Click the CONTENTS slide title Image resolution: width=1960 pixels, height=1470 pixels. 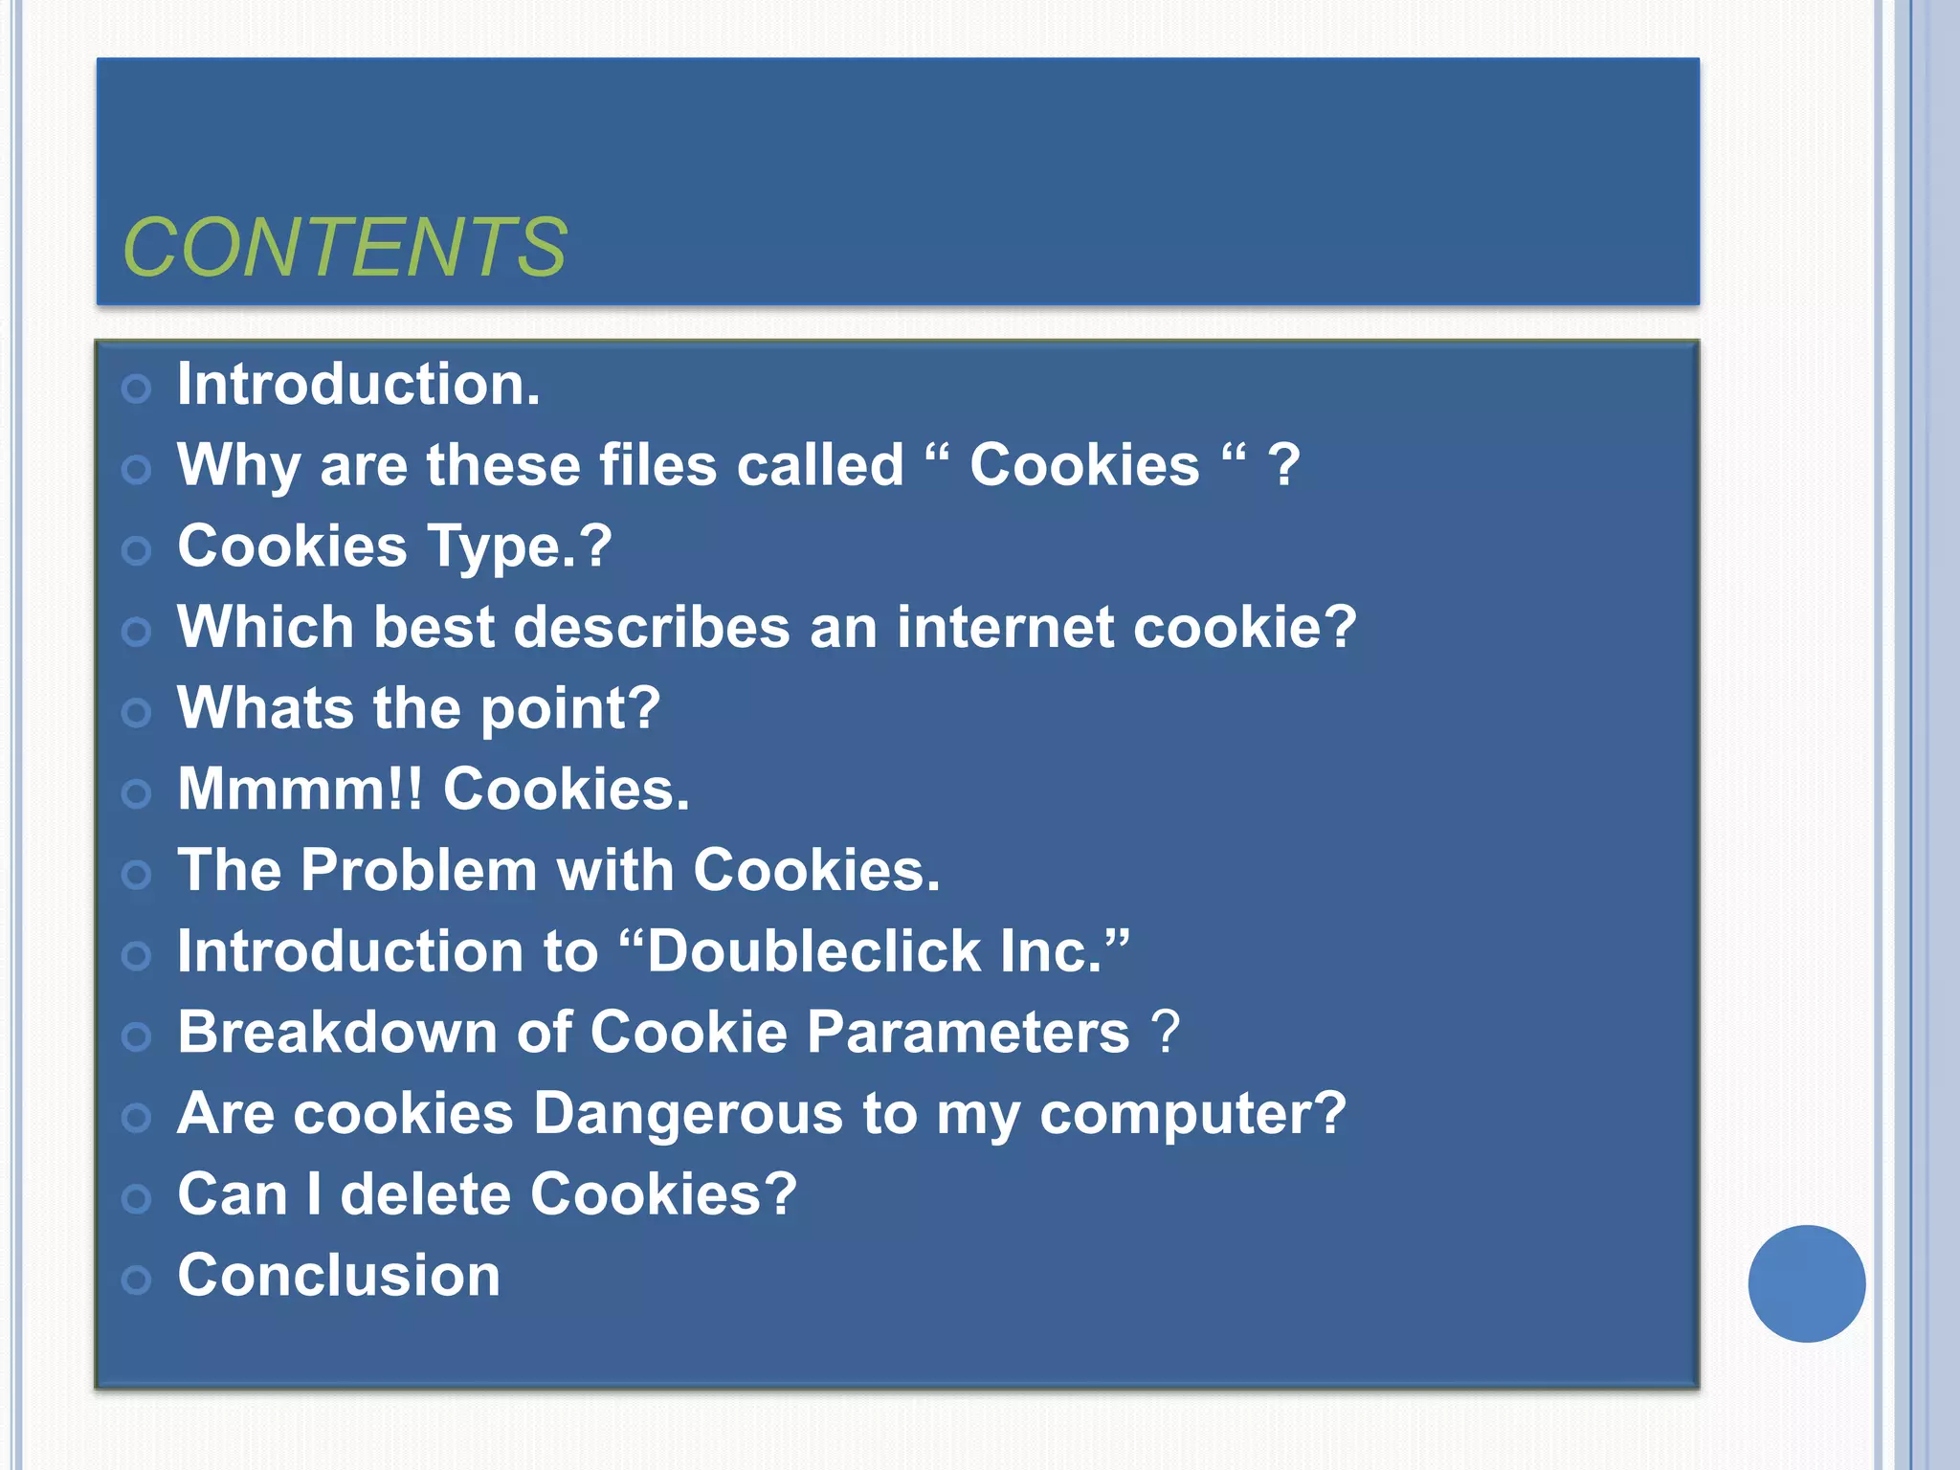pos(345,248)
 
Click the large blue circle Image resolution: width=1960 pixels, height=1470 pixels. pos(1806,1283)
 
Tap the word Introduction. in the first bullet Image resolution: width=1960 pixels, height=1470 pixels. pos(359,384)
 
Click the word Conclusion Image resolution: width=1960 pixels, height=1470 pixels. pos(339,1276)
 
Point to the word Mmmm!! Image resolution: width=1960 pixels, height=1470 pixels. pos(300,790)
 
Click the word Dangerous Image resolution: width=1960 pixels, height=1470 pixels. pos(687,1114)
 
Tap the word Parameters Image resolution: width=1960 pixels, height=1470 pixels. pos(969,1033)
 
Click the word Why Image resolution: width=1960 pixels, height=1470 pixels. pos(239,466)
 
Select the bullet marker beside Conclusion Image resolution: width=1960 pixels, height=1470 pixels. pos(137,1280)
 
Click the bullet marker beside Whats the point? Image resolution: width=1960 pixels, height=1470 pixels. pos(137,712)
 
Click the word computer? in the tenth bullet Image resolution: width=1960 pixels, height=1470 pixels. pos(1192,1114)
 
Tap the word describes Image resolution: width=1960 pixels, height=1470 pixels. pos(652,628)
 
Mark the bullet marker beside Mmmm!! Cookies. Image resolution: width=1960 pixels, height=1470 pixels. pos(137,793)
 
